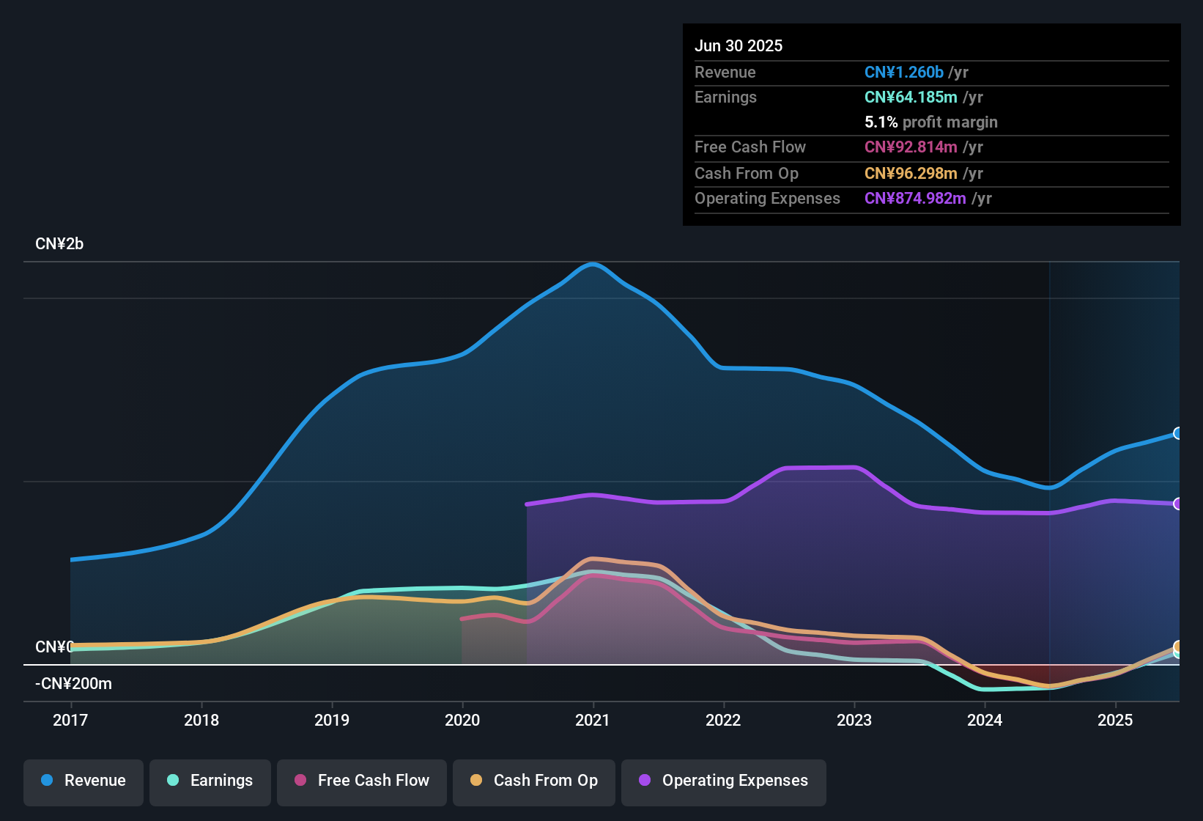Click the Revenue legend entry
pos(84,781)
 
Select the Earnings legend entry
pos(210,781)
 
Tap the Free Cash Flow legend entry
pos(362,781)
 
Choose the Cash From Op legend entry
pos(534,781)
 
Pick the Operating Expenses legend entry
pos(724,781)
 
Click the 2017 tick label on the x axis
pos(70,720)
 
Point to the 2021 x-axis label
pos(593,720)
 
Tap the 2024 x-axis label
pos(985,720)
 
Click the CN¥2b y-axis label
pos(59,244)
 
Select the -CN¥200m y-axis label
pos(73,684)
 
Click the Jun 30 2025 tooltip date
pos(739,45)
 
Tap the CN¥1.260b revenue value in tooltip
pos(904,72)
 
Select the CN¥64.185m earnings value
pos(911,97)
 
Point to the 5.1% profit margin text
pos(931,122)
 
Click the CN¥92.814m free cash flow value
pos(911,147)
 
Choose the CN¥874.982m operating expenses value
pos(915,198)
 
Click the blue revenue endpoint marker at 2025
pos(1177,433)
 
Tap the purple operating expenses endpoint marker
pos(1177,504)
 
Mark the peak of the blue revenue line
pos(592,264)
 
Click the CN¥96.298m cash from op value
pos(911,173)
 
